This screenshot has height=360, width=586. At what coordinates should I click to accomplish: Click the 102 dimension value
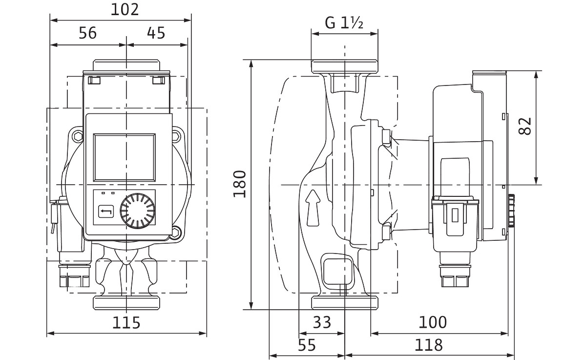(x=125, y=9)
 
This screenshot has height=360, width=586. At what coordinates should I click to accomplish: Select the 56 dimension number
(x=87, y=33)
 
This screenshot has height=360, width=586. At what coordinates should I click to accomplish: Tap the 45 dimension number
(x=156, y=33)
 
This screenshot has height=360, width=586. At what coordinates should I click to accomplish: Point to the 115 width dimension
(x=126, y=322)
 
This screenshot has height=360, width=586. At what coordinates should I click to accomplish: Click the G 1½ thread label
(x=344, y=22)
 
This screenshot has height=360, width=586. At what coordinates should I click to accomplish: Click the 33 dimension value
(x=321, y=322)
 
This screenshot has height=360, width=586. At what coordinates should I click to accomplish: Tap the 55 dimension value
(x=307, y=345)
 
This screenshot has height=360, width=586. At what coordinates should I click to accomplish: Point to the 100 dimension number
(x=433, y=322)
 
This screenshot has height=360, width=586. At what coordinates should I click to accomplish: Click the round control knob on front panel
(x=138, y=212)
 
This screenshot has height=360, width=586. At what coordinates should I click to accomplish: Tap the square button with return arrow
(x=106, y=212)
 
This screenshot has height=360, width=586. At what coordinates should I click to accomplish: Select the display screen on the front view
(x=125, y=156)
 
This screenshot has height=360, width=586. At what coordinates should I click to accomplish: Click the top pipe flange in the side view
(x=345, y=67)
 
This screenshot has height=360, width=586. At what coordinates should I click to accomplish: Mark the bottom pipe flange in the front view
(x=126, y=302)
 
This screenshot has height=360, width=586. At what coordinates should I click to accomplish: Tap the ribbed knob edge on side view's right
(x=512, y=211)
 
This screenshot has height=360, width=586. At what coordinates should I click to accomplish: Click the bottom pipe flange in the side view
(x=345, y=302)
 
